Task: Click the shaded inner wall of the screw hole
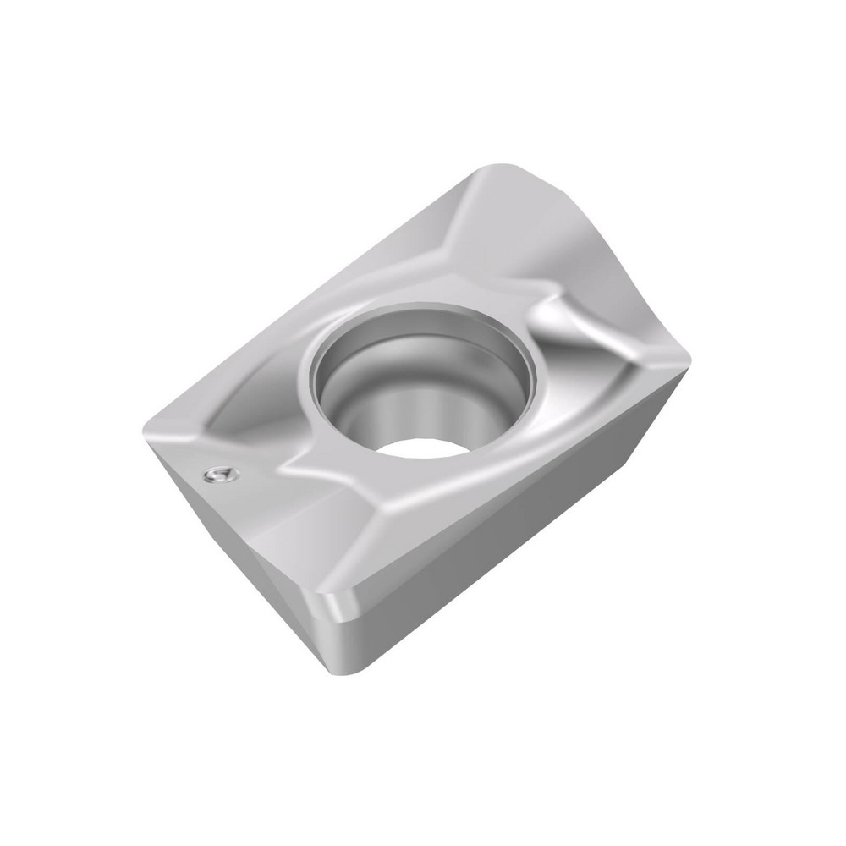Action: [x=372, y=398]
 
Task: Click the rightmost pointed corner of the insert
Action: [x=689, y=362]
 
